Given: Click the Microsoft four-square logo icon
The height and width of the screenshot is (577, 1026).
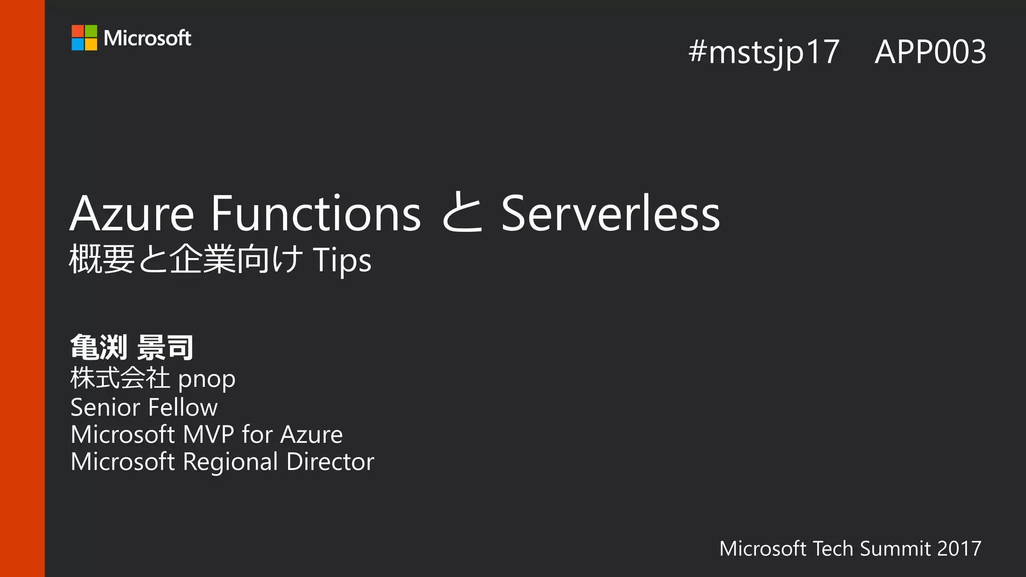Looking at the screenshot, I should coord(84,38).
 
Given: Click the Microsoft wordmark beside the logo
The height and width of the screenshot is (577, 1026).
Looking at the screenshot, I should coord(147,38).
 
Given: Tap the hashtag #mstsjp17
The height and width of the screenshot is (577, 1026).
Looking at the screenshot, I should coord(763,52).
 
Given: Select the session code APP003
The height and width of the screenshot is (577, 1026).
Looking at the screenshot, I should coord(930,52).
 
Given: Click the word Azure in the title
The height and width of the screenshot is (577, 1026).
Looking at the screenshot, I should coord(132,214).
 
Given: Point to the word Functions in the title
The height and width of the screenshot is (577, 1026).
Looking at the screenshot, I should coord(316,214).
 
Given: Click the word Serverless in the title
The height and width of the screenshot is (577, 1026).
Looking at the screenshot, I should coord(610,214).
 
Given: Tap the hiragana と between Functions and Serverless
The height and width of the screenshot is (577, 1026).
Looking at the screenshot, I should coord(462,214).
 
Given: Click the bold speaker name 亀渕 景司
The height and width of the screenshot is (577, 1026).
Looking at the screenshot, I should coord(132,348).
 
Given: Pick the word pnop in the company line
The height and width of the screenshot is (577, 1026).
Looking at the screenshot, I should coord(207,380).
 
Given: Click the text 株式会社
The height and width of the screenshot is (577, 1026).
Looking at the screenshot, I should coord(120,378).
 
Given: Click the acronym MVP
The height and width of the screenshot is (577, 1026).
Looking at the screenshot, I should coord(208,434).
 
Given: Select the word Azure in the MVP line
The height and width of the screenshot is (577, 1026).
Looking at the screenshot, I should coord(311,434).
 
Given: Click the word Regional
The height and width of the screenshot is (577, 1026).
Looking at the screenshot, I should coord(230,462).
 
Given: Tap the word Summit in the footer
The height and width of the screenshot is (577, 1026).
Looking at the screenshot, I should coord(895,548).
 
